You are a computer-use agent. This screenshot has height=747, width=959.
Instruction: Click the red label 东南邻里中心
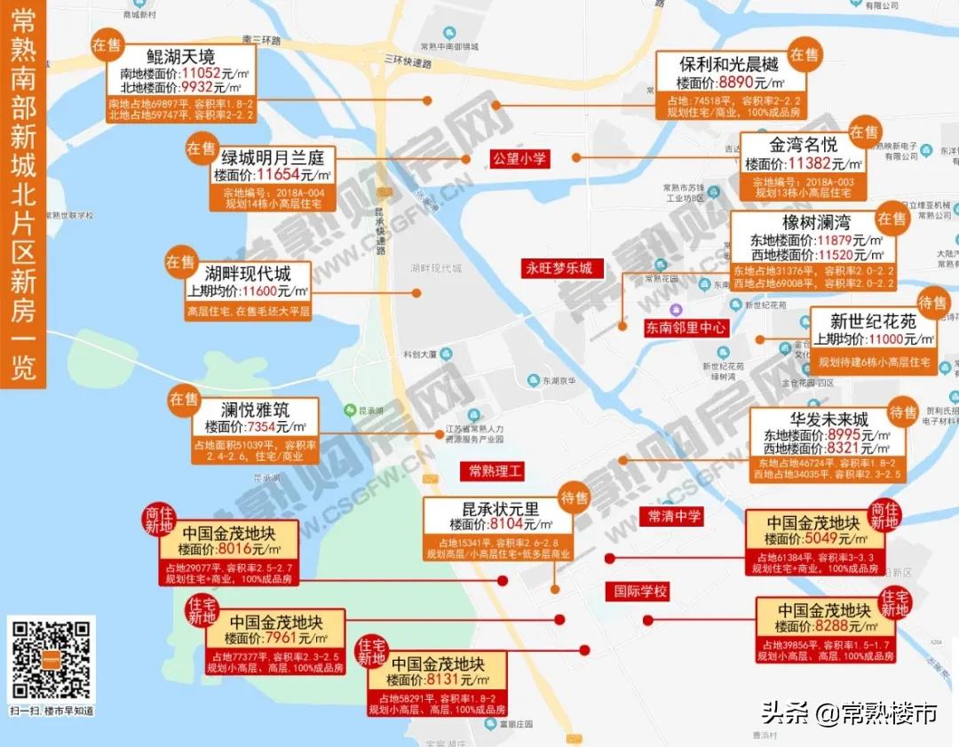pos(686,328)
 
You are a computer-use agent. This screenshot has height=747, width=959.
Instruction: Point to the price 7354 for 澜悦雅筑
pos(264,426)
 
